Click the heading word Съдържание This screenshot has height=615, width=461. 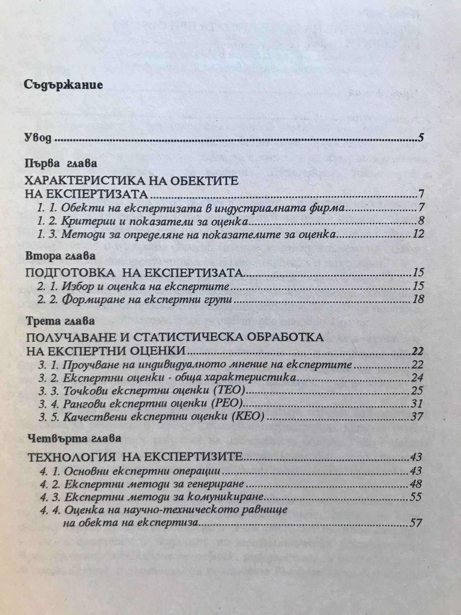pyautogui.click(x=63, y=85)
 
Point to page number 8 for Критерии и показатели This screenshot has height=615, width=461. pyautogui.click(x=421, y=221)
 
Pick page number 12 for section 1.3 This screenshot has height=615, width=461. pyautogui.click(x=418, y=234)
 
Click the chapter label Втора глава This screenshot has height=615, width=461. pyautogui.click(x=60, y=257)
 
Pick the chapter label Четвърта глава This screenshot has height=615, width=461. pyautogui.click(x=73, y=439)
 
